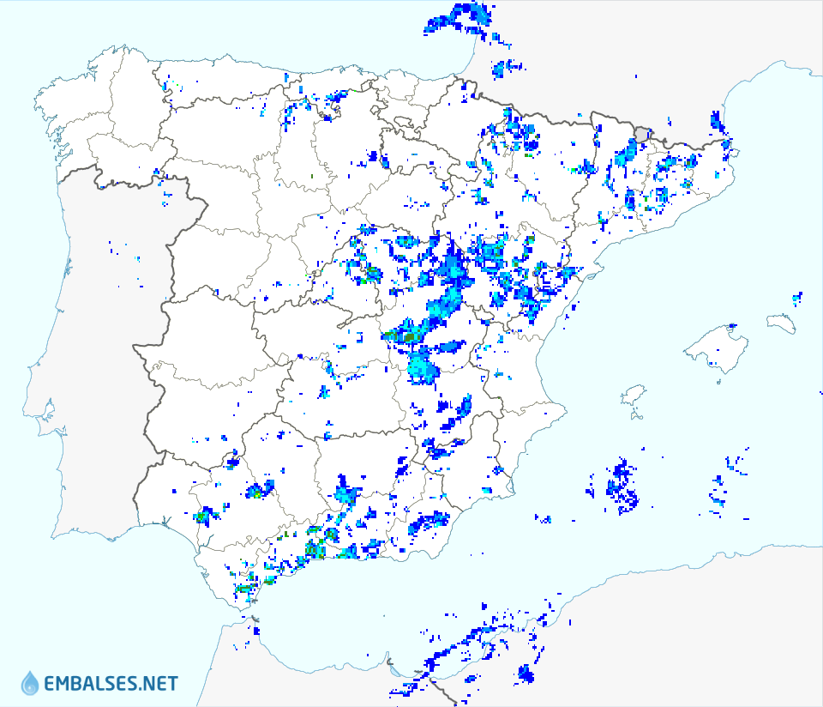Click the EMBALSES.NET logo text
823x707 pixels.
111,683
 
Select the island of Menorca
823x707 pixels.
781,323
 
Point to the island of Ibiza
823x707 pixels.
633,396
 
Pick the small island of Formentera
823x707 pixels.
637,417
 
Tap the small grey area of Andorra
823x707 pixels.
643,133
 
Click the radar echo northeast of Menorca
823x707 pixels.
797,298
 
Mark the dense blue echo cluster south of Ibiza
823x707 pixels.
622,487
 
